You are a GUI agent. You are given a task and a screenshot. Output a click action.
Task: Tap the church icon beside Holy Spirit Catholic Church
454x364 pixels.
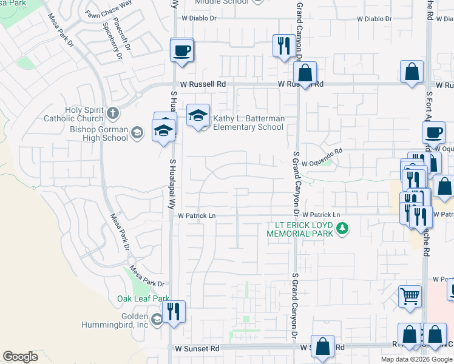coord(113,113)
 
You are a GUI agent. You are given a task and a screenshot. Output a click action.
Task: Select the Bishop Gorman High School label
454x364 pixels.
coord(99,133)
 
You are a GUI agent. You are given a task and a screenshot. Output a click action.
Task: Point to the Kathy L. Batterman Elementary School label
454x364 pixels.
coord(248,123)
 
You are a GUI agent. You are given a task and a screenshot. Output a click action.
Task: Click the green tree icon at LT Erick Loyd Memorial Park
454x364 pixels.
coord(343,229)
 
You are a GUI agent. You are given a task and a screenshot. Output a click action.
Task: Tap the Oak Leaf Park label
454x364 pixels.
coord(143,298)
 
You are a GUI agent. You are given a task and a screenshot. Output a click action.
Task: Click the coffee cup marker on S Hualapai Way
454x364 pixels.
coord(181,50)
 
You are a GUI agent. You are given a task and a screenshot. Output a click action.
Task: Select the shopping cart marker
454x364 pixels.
coord(410,297)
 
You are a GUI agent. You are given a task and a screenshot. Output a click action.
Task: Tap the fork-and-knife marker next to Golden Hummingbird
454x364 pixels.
coord(174,312)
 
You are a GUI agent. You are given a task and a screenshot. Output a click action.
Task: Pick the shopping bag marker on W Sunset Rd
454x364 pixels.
coord(322,346)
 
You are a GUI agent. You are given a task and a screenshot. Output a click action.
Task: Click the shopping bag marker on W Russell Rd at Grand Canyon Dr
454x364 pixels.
coord(305,73)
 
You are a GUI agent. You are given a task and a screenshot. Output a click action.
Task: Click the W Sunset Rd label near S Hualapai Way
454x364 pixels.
coord(197,349)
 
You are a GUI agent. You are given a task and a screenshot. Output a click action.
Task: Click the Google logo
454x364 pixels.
coord(20,357)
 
